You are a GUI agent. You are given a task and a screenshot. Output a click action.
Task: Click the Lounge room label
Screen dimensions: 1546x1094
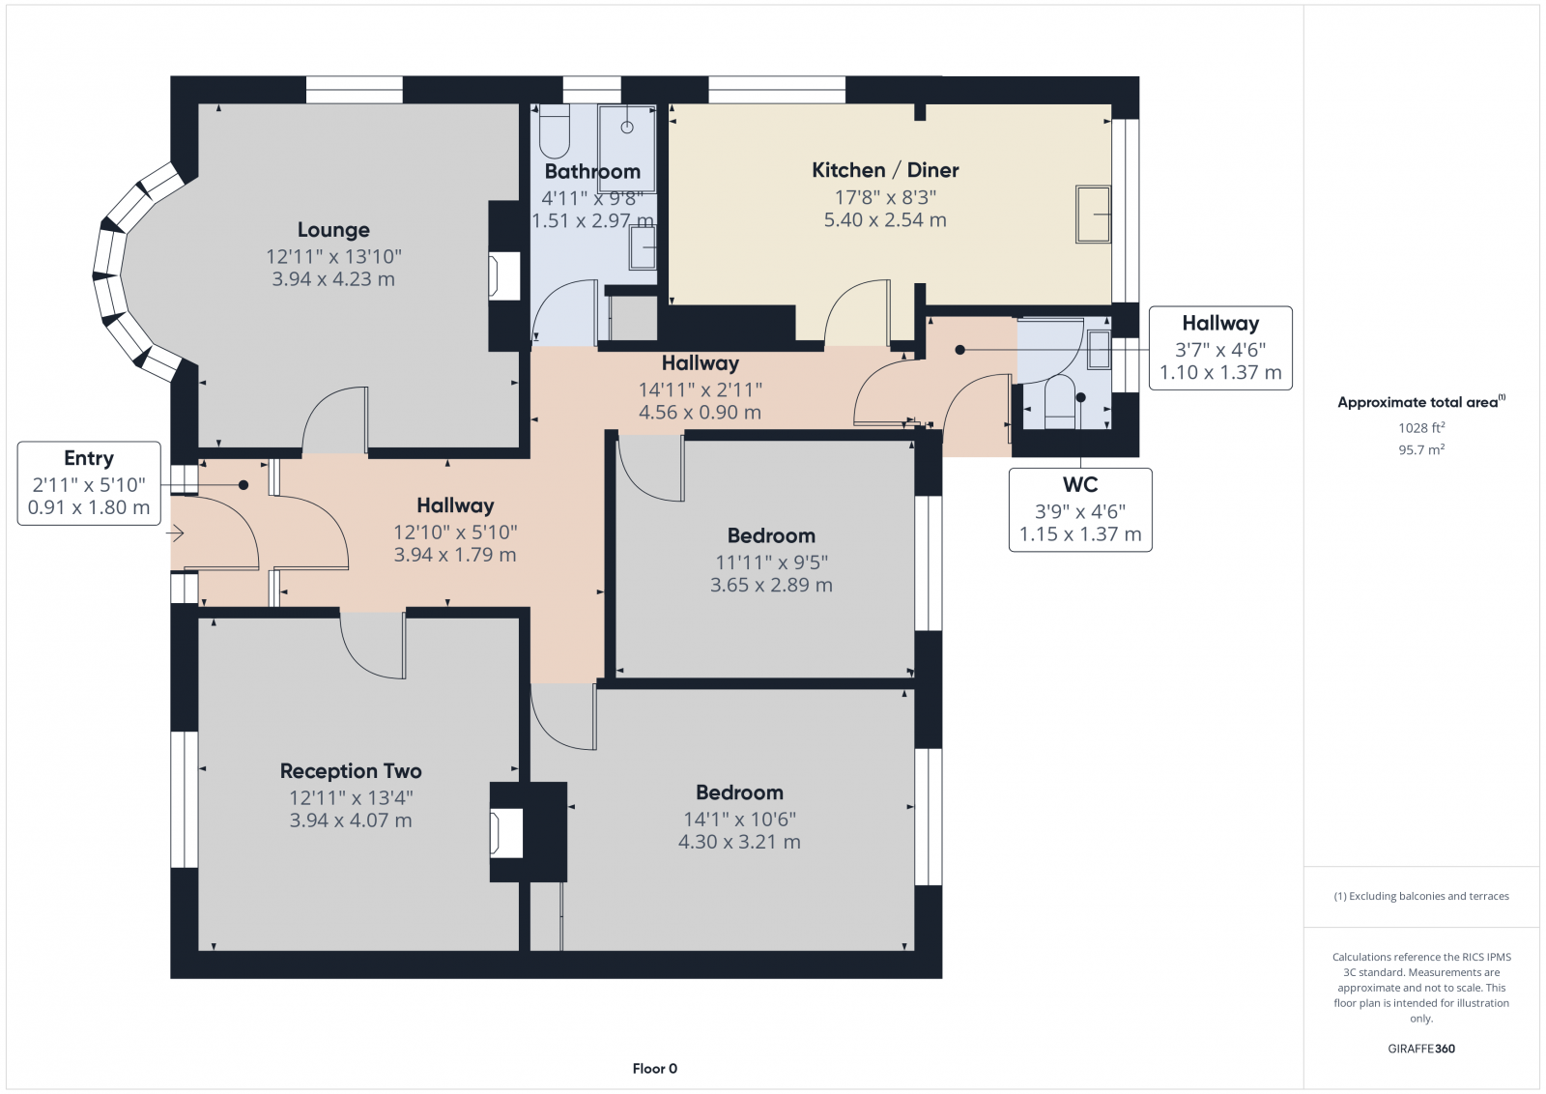[333, 230]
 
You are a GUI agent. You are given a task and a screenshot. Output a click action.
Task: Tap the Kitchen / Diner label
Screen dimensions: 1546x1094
[885, 170]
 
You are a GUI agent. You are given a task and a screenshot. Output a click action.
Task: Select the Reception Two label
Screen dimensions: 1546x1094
[351, 771]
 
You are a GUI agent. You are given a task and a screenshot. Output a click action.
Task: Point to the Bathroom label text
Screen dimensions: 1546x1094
[592, 171]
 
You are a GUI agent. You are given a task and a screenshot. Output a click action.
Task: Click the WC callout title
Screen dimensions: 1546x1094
[1080, 484]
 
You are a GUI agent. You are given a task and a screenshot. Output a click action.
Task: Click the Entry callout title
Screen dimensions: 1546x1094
[89, 458]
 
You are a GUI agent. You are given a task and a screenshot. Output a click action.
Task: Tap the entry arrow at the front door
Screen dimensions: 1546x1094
[175, 533]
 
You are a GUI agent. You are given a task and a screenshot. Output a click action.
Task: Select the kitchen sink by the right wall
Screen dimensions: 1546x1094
[1093, 214]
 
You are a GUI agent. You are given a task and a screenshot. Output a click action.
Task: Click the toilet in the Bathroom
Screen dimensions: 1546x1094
[554, 131]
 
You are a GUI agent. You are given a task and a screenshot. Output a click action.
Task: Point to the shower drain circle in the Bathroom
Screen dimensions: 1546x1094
[627, 127]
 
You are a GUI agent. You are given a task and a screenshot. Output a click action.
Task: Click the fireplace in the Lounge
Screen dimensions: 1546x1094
[503, 276]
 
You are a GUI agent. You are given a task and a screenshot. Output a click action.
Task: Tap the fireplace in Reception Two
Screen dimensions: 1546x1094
[506, 834]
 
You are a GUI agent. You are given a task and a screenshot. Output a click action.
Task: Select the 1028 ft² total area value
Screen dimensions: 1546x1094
[1421, 427]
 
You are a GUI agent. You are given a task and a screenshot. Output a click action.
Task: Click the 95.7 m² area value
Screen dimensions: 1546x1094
[1421, 449]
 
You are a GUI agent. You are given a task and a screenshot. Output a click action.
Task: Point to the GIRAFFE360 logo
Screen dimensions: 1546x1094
[1421, 1049]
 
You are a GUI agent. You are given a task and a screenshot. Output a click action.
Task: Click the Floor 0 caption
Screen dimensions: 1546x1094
[655, 1069]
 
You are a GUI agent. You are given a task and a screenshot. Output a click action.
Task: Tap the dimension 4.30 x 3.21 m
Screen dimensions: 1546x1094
[739, 842]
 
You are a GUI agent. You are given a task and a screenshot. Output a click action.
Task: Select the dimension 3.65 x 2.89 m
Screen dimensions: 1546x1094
[771, 586]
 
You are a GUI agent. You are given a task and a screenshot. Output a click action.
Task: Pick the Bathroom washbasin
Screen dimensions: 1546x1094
[643, 247]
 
